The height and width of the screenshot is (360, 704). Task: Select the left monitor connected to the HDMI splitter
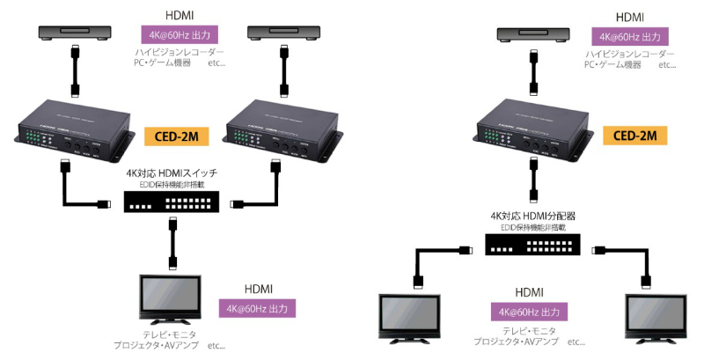click(409, 318)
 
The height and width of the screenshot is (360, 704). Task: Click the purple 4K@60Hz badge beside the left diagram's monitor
click(257, 309)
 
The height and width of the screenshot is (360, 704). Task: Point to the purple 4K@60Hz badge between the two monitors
click(528, 312)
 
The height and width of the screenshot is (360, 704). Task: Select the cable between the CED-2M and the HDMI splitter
click(532, 186)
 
